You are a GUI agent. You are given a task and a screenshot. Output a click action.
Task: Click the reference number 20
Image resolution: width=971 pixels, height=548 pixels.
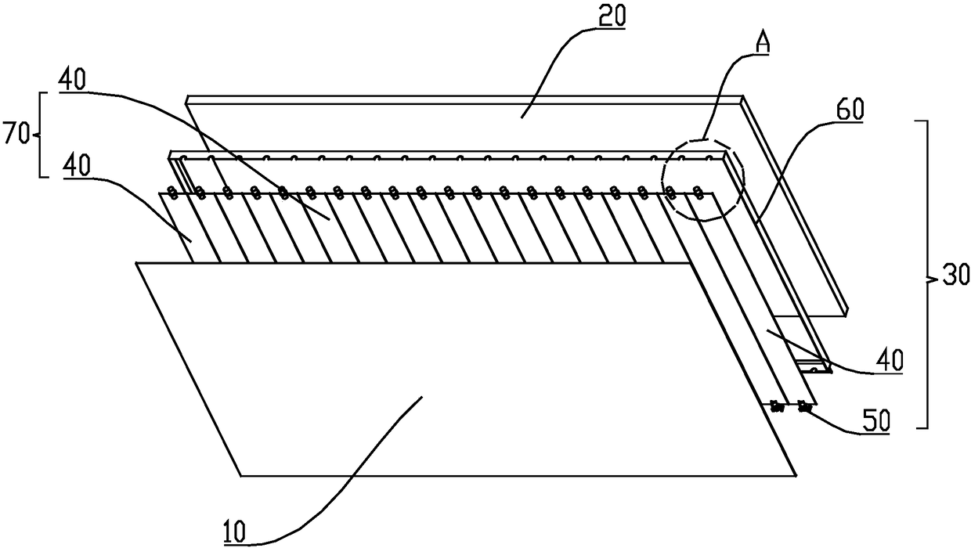[x=612, y=17]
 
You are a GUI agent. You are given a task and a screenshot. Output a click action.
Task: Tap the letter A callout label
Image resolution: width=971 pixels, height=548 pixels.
[x=762, y=43]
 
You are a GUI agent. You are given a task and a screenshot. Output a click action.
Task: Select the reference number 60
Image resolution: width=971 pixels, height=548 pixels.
[x=849, y=110]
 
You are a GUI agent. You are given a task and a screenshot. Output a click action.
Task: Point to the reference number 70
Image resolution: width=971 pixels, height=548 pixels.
[x=16, y=135]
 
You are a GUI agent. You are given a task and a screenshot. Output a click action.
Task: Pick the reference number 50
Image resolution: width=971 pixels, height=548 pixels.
[x=876, y=420]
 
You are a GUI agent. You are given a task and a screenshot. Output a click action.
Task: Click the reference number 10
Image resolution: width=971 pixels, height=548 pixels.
[x=234, y=532]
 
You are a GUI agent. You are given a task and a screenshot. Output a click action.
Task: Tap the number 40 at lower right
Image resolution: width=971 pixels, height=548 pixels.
[x=889, y=360]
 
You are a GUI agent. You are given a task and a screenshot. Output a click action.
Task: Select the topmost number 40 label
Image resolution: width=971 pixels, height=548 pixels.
[x=72, y=80]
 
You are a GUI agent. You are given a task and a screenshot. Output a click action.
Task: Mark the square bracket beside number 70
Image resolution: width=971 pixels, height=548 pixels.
[x=42, y=135]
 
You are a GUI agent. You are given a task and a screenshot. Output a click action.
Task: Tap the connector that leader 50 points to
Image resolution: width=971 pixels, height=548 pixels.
[x=804, y=407]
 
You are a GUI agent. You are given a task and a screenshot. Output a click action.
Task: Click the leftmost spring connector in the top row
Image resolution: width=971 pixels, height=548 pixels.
[x=173, y=193]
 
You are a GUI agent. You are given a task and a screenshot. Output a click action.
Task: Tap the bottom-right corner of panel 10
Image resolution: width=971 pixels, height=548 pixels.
[x=796, y=476]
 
